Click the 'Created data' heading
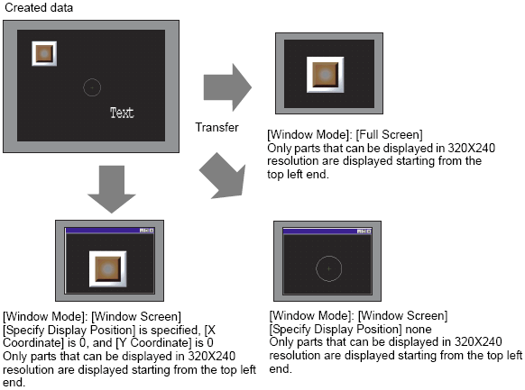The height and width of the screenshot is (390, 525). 39,7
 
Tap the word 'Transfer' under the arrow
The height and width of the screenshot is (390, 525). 216,127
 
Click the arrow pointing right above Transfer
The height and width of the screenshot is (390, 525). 227,87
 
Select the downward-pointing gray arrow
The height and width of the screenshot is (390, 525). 112,189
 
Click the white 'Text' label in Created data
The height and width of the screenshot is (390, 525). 122,113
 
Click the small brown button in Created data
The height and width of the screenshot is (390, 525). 44,53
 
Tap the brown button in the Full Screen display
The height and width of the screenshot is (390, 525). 325,75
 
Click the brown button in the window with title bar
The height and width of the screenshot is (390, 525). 108,269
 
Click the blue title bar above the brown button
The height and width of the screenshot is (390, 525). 109,231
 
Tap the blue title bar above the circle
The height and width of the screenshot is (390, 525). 327,231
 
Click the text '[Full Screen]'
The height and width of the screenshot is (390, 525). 389,135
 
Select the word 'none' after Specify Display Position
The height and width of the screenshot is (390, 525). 419,329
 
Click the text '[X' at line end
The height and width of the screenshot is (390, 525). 209,331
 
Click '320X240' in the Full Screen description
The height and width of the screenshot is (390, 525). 472,148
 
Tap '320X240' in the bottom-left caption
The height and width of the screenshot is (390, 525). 212,357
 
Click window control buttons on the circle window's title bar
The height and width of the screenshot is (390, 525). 364,231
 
